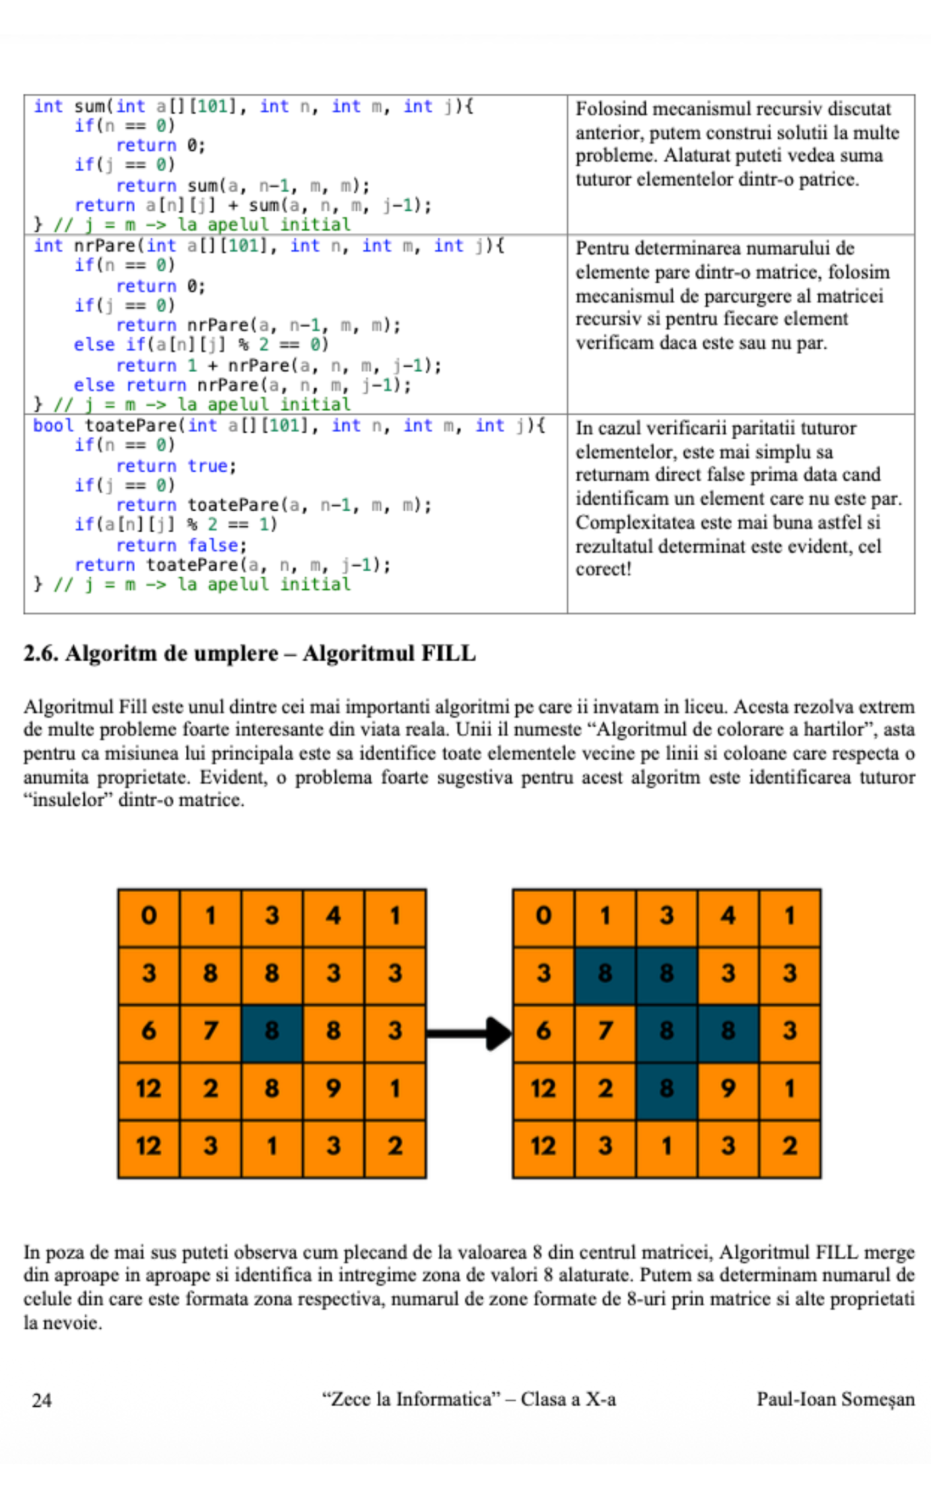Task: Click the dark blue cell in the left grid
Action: coord(272,1031)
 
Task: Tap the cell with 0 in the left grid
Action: coord(149,916)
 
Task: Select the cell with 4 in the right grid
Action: coord(728,916)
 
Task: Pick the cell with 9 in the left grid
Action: coord(333,1088)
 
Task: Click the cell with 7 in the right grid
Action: coord(605,1031)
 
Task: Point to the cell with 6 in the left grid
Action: coord(149,1031)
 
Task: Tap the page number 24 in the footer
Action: coord(42,1399)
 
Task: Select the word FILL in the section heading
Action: coord(448,653)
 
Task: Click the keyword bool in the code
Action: coord(53,426)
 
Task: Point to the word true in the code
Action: coord(208,466)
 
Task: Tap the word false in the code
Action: coord(213,546)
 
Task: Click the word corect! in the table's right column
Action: coord(603,569)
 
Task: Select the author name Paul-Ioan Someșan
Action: coord(835,1399)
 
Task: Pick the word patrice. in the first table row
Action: coord(829,180)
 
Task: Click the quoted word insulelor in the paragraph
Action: coord(66,800)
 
